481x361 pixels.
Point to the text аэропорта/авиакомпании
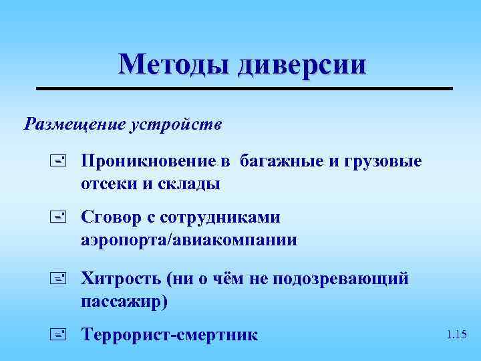[188, 240]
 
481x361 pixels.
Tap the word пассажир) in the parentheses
[125, 301]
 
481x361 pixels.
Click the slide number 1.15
[457, 334]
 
